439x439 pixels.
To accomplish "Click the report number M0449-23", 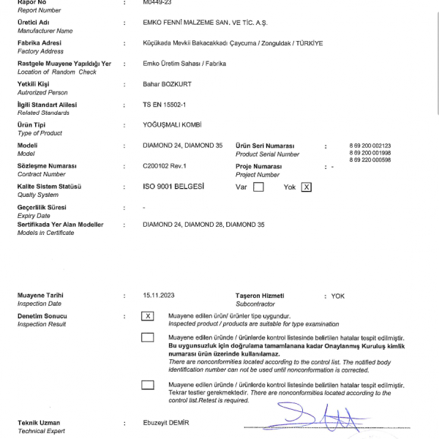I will tap(158, 3).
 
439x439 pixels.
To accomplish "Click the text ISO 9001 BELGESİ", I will tap(173, 187).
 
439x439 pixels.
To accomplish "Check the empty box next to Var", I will tap(258, 187).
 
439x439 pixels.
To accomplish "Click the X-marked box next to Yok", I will tap(307, 187).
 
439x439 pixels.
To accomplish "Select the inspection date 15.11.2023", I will tap(160, 296).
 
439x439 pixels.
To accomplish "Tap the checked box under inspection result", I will tap(149, 316).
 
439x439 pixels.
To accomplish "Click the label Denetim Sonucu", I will tap(43, 316).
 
